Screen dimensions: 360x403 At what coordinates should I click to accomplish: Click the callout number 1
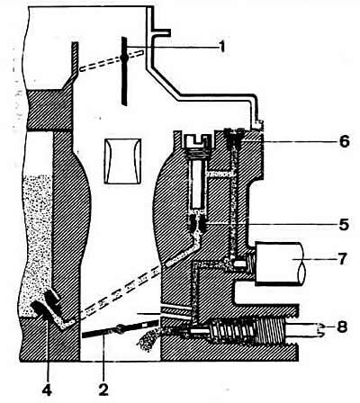[x=221, y=46]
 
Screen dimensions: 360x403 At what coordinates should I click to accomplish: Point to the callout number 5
[x=344, y=224]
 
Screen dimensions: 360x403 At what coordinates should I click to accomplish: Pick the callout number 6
[x=344, y=141]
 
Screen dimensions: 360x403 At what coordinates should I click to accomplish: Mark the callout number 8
[x=342, y=327]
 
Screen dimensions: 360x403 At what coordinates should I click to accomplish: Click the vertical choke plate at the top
[x=124, y=71]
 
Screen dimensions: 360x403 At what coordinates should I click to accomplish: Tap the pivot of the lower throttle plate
[x=120, y=330]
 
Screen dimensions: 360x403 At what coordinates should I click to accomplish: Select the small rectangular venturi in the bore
[x=122, y=161]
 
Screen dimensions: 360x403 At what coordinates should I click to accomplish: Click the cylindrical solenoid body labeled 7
[x=280, y=264]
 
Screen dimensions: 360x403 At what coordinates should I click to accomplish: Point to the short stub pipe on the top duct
[x=161, y=32]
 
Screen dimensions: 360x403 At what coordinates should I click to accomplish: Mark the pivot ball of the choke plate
[x=124, y=57]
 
